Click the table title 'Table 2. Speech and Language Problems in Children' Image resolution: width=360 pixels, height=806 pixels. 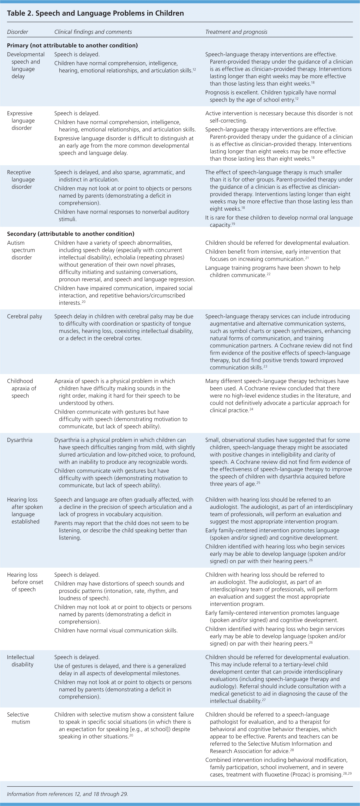(95, 13)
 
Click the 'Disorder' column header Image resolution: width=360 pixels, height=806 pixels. (18, 32)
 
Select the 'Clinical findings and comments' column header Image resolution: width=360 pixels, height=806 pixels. (93, 32)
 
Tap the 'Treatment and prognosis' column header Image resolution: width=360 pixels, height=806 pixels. (236, 32)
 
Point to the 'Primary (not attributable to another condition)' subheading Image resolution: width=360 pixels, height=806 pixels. (72, 45)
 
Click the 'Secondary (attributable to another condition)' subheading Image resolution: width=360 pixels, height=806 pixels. (71, 234)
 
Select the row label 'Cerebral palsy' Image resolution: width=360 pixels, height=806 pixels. (24, 316)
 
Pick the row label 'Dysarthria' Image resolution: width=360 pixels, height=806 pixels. (20, 440)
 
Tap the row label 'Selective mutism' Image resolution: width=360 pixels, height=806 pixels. (19, 718)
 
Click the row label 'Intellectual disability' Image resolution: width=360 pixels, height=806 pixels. (21, 661)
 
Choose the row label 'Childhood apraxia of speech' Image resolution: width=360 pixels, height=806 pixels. (22, 388)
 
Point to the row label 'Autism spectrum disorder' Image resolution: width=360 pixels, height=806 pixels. (21, 250)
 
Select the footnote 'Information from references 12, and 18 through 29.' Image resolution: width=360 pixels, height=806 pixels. (67, 794)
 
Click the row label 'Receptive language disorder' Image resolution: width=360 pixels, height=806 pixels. (21, 180)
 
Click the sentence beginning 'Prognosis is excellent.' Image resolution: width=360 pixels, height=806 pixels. (271, 96)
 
